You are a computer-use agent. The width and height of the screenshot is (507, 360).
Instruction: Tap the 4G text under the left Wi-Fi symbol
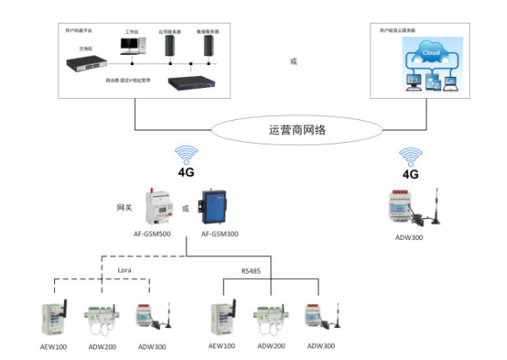click(x=186, y=173)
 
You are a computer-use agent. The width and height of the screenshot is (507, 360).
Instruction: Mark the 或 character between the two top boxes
click(x=293, y=60)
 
